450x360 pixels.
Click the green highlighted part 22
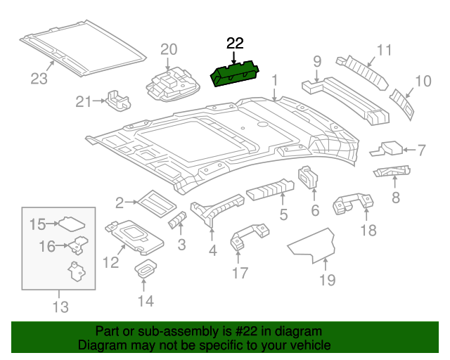tap(236, 74)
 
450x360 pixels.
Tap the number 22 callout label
tap(234, 44)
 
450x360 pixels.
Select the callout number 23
tap(39, 79)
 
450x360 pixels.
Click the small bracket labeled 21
tap(117, 100)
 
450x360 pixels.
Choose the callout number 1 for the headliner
tap(275, 80)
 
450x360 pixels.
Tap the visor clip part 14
tap(146, 269)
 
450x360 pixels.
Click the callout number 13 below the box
tap(60, 307)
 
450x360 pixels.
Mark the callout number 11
tap(383, 50)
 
